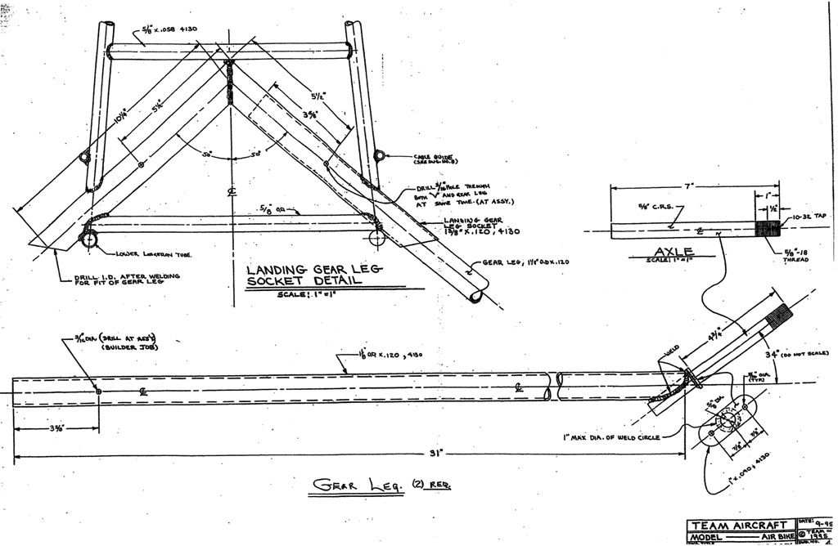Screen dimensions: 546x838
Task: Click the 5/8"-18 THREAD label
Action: (x=795, y=256)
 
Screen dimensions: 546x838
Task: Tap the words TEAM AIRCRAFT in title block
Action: (x=740, y=525)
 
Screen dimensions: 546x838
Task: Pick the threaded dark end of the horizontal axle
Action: (x=768, y=229)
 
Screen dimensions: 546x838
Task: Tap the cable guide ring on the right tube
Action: (x=379, y=155)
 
